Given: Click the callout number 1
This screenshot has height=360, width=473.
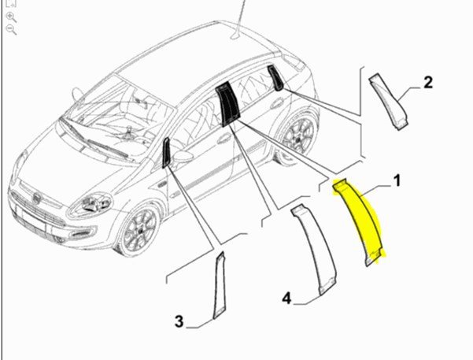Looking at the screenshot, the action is (x=397, y=180).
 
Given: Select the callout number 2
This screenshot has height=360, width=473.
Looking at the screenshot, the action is (x=428, y=82).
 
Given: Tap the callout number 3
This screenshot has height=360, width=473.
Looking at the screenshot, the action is (x=179, y=321).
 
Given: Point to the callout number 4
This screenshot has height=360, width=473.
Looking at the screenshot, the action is (x=287, y=299).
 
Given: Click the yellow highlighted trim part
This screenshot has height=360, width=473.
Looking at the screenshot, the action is (x=359, y=221).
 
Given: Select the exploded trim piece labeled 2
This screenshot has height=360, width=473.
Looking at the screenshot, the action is (x=389, y=101).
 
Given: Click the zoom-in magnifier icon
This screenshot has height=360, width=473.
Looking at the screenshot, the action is (x=11, y=17).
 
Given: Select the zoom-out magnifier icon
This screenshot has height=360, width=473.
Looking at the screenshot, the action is (x=11, y=30).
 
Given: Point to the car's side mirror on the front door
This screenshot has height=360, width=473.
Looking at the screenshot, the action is (x=183, y=157).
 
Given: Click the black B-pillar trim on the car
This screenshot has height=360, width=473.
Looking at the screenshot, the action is (x=227, y=103).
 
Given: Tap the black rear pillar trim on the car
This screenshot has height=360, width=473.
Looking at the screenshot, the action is (x=275, y=78).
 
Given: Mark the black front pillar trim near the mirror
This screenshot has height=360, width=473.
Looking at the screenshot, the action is (x=167, y=153).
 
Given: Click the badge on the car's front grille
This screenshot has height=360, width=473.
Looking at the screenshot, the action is (x=36, y=198).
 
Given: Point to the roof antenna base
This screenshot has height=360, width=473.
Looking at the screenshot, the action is (x=235, y=37).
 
